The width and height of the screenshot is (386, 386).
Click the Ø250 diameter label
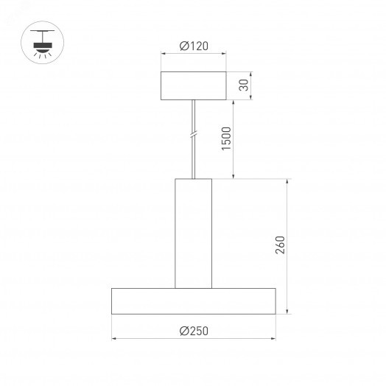(x=194, y=331)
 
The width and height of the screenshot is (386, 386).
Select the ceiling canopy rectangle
(x=194, y=85)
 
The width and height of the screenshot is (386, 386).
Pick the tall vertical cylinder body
(x=193, y=233)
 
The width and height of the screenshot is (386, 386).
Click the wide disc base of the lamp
(x=194, y=301)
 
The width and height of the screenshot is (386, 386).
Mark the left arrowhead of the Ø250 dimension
(x=114, y=340)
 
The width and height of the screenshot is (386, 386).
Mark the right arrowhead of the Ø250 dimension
(x=273, y=340)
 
